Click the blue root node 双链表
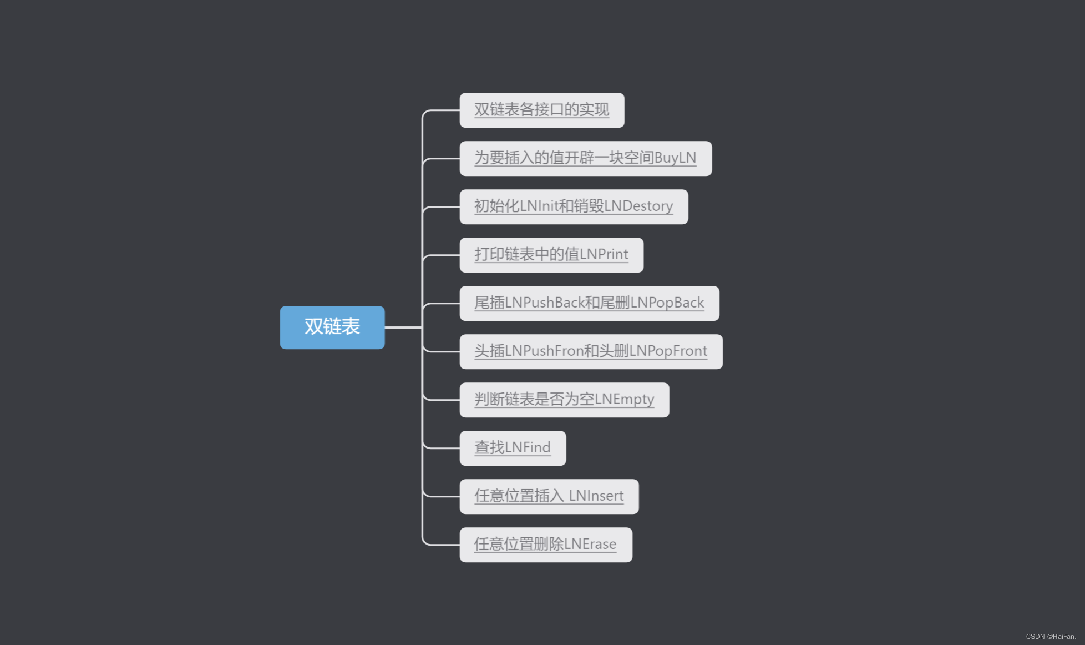[332, 327]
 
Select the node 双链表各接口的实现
[541, 110]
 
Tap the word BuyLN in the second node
[675, 158]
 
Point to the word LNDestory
[638, 206]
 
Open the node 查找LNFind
[513, 448]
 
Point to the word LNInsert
[596, 496]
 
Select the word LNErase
[590, 545]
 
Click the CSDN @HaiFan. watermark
[1051, 637]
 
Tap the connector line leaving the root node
[403, 327]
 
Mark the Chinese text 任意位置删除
[519, 545]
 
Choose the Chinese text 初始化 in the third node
[496, 206]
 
